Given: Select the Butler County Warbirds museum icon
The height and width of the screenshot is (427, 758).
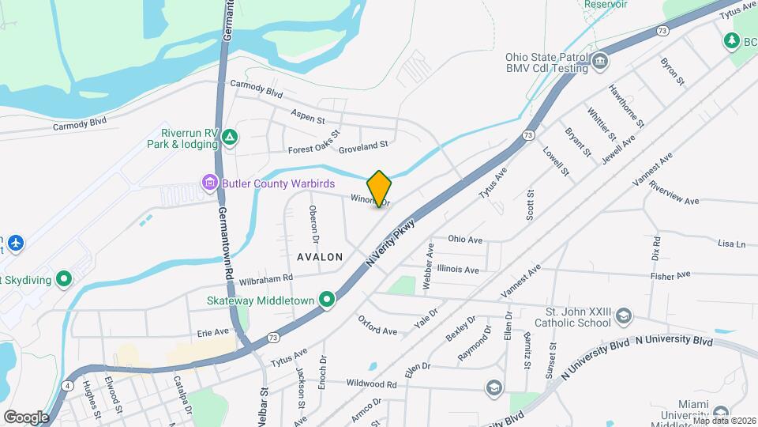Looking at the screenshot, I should [x=209, y=183].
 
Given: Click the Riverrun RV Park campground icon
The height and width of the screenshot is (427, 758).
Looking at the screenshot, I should [x=229, y=138].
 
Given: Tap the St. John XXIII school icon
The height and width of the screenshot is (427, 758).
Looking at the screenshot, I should [x=625, y=316].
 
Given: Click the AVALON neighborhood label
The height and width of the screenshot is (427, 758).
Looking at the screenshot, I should [x=320, y=257].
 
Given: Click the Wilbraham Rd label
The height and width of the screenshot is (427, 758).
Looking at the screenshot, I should [x=266, y=278].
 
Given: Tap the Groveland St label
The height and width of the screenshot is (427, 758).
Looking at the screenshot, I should [x=364, y=146].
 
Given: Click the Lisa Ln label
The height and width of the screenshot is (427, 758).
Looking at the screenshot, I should [x=731, y=244].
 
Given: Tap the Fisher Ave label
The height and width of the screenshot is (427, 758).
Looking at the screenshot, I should [x=670, y=275].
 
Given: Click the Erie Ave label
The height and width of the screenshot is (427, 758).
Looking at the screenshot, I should [x=212, y=332].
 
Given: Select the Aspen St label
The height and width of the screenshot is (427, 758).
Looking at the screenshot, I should [x=308, y=118].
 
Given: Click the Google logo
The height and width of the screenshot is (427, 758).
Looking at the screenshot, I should [x=26, y=417].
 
